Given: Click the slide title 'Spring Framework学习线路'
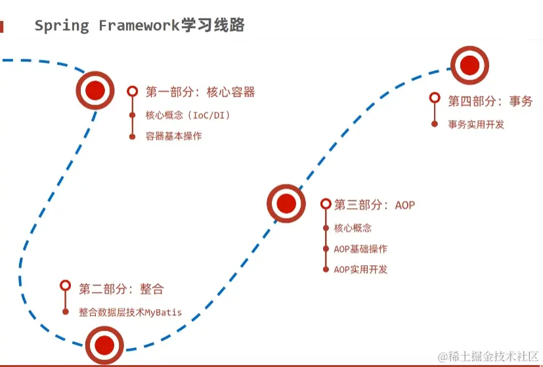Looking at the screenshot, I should pyautogui.click(x=139, y=26).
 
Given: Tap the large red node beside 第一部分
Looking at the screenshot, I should pyautogui.click(x=96, y=91).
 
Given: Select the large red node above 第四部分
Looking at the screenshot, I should pyautogui.click(x=469, y=65).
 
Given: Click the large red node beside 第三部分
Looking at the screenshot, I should pyautogui.click(x=286, y=204).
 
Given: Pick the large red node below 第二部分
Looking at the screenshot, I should pyautogui.click(x=105, y=345).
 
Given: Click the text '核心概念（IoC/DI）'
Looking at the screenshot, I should pyautogui.click(x=188, y=116).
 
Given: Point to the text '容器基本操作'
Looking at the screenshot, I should pyautogui.click(x=173, y=137).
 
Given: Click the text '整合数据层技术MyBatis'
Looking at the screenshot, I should pyautogui.click(x=130, y=312).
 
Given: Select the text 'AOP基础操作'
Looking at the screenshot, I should pyautogui.click(x=360, y=249).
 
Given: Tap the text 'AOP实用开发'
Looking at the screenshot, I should pyautogui.click(x=360, y=269).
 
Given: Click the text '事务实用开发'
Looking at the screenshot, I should pyautogui.click(x=476, y=123).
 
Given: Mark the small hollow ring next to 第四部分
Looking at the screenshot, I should pyautogui.click(x=435, y=98).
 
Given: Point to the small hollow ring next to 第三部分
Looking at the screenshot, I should pyautogui.click(x=326, y=204).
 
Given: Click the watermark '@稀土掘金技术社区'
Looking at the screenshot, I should pyautogui.click(x=489, y=356).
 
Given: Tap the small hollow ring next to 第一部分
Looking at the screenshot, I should pyautogui.click(x=133, y=92).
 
